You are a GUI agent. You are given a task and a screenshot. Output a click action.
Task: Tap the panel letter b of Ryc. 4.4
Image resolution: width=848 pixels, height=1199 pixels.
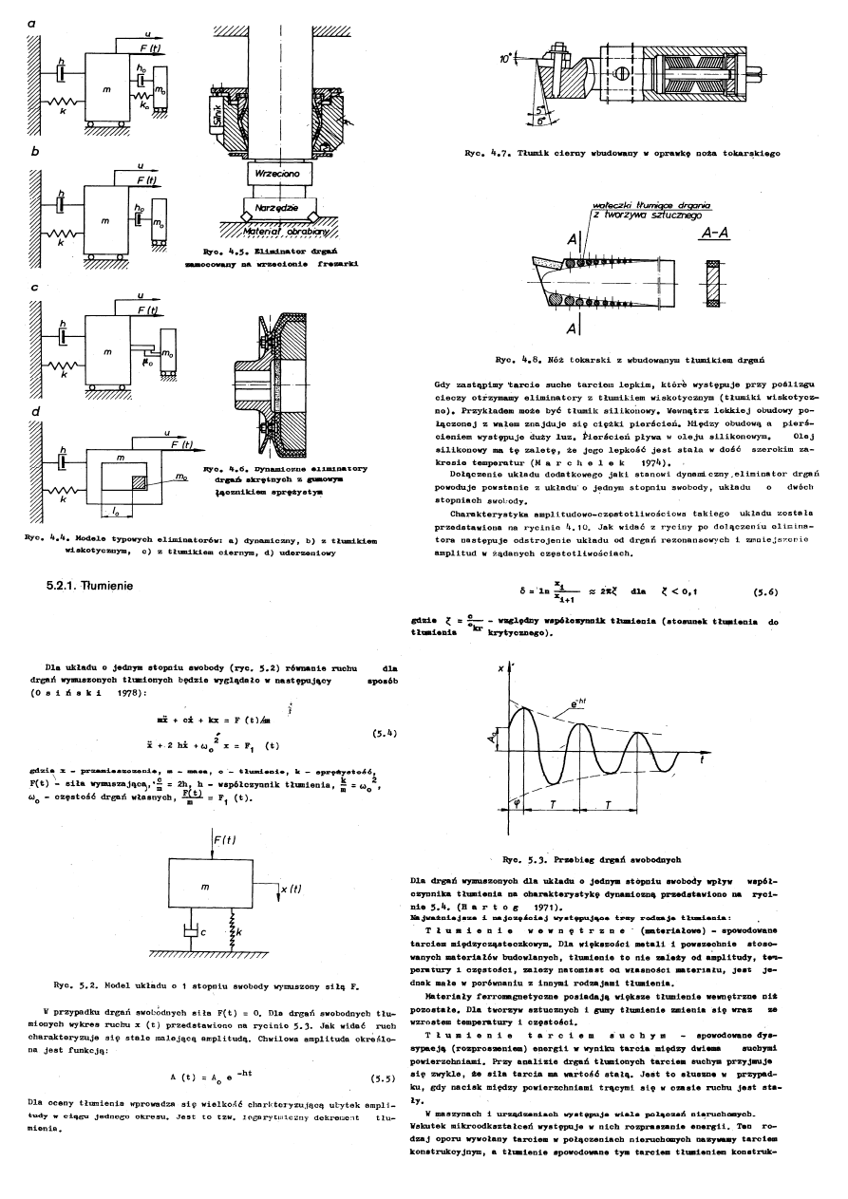tap(35, 151)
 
